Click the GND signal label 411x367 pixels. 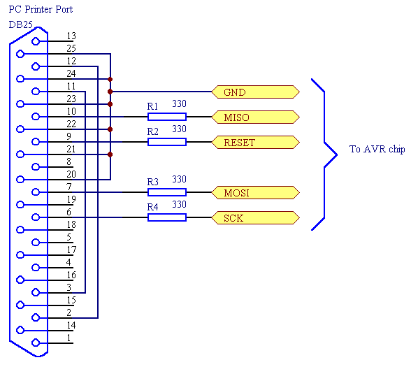tap(255, 92)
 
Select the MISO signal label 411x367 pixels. tap(255, 117)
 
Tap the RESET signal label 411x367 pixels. tap(255, 143)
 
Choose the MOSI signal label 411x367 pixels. tap(255, 193)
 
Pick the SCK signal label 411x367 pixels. tap(255, 218)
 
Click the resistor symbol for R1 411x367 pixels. tap(167, 117)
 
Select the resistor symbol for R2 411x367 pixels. tap(167, 142)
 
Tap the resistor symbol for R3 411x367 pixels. tap(167, 192)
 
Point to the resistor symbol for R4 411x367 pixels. tap(167, 217)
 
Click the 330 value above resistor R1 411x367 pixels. tap(179, 103)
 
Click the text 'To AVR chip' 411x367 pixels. tap(377, 149)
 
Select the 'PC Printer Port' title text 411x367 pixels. tap(41, 9)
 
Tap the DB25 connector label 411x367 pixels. tap(20, 24)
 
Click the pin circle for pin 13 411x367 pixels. tap(36, 41)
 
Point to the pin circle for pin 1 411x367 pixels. tap(36, 343)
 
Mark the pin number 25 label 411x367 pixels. tap(71, 48)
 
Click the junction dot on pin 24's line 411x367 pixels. tap(110, 79)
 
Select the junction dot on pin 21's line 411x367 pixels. tap(110, 154)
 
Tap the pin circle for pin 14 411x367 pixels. tap(20, 330)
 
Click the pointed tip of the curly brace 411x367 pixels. tap(337, 154)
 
